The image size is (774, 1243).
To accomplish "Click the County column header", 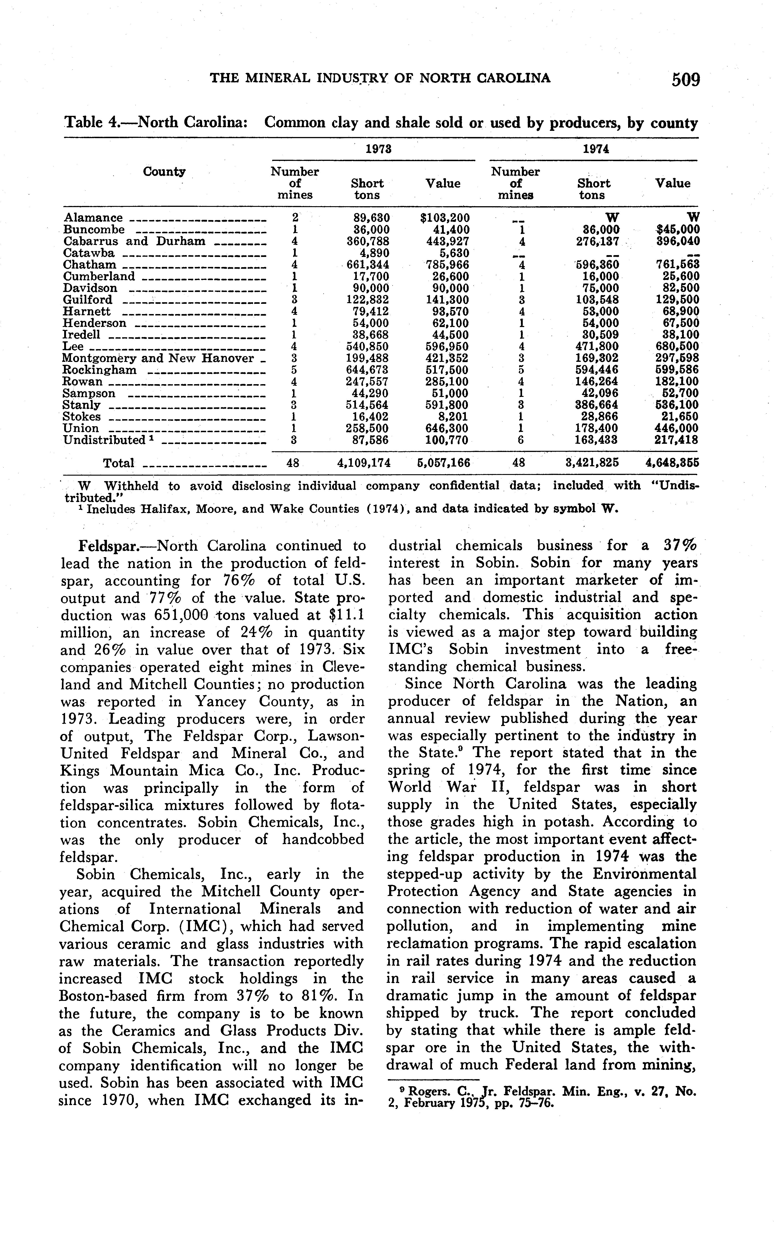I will (x=164, y=171).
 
